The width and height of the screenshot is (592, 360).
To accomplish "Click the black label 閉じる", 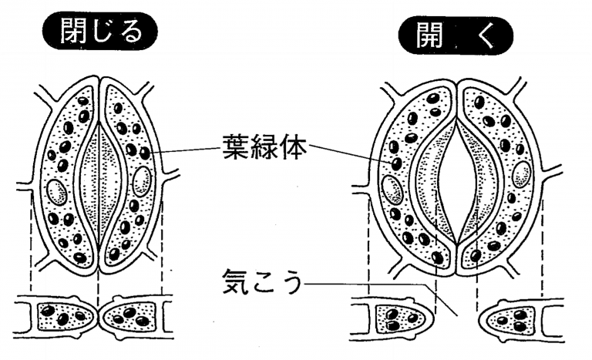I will click(x=99, y=32).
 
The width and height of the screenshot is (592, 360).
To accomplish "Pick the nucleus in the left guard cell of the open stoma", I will click(x=392, y=187).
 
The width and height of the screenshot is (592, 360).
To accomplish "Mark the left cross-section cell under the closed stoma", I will click(x=65, y=316).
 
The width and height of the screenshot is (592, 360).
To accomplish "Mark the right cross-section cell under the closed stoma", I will click(x=132, y=316).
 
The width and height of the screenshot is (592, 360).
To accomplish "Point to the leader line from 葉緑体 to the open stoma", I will click(x=355, y=153).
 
